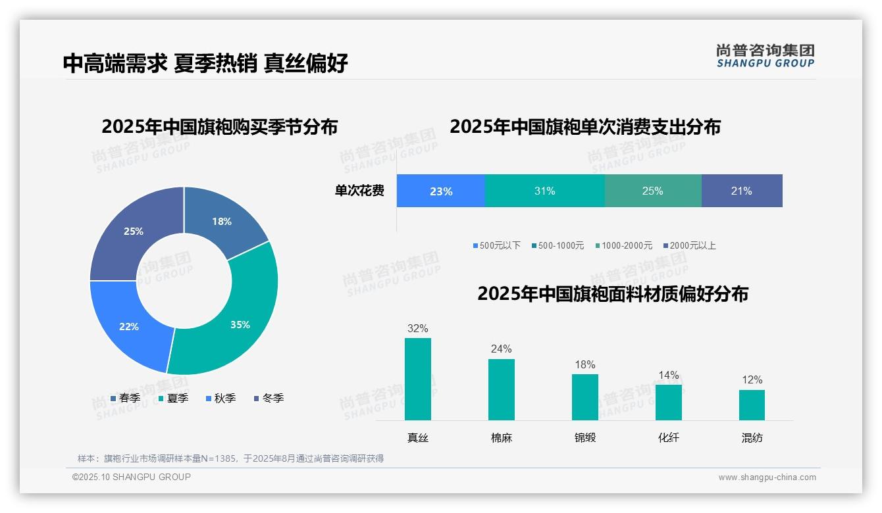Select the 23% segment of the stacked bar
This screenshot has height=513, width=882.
click(x=441, y=191)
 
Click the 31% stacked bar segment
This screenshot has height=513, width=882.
click(x=544, y=191)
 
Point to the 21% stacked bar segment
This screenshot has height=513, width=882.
click(x=741, y=191)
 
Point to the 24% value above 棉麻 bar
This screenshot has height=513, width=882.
click(x=501, y=349)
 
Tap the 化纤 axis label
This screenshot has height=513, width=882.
click(x=668, y=437)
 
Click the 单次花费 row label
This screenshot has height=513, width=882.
click(x=359, y=191)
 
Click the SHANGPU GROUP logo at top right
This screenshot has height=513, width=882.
click(x=765, y=56)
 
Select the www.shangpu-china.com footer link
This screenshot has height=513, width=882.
click(x=767, y=477)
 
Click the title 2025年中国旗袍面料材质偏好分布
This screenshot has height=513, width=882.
click(x=613, y=294)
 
